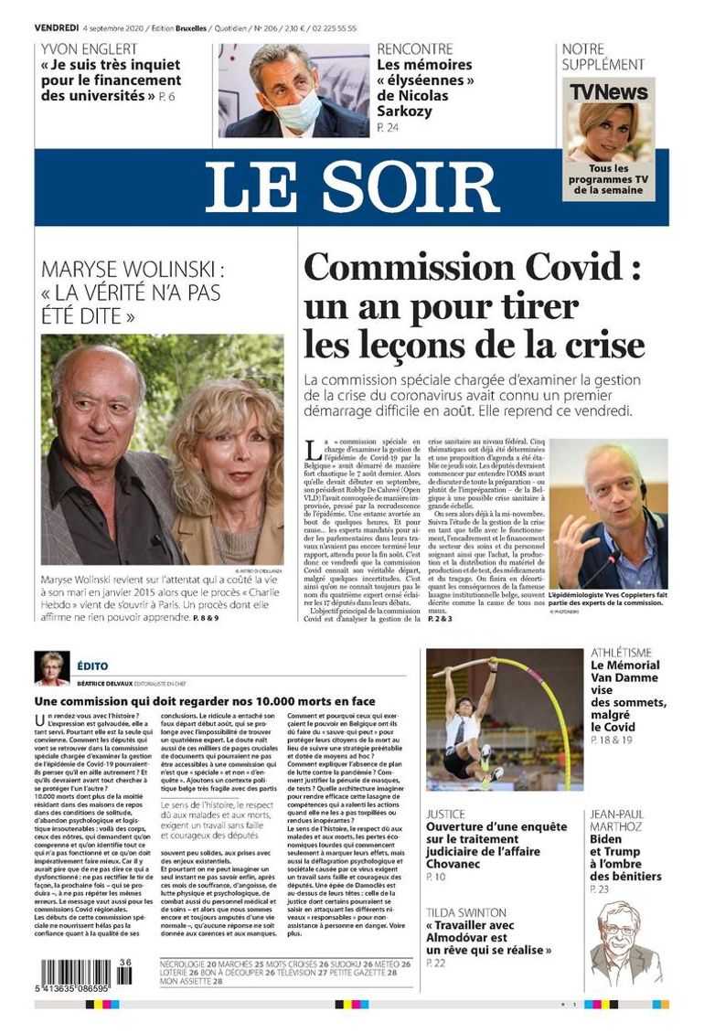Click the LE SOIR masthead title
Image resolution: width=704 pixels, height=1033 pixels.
351,186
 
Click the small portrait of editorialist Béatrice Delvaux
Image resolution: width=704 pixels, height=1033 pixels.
51,667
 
